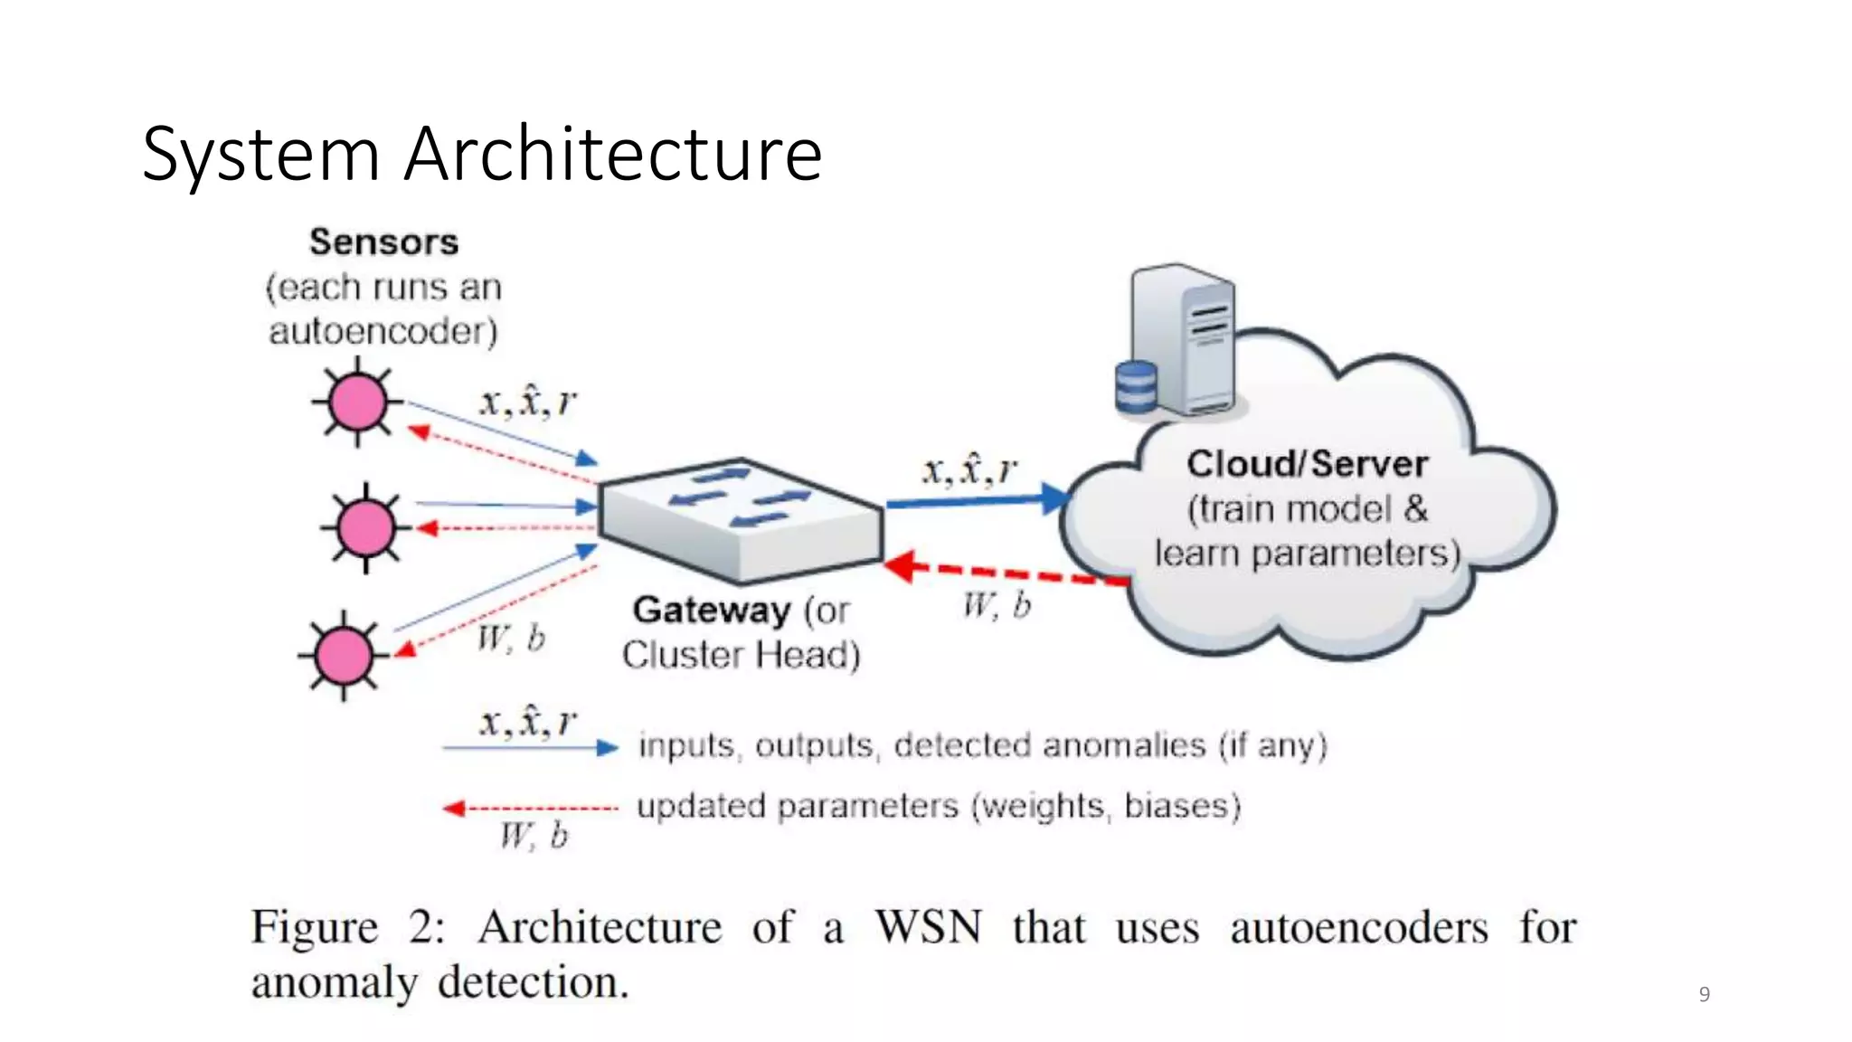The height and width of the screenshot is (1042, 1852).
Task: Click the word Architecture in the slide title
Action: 612,154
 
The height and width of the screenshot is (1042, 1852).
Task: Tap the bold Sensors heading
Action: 383,242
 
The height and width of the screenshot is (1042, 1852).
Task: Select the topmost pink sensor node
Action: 357,403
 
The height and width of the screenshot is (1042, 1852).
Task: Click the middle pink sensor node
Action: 365,527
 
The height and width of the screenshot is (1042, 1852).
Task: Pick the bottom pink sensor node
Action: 343,654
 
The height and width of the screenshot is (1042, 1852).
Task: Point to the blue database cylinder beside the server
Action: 1135,387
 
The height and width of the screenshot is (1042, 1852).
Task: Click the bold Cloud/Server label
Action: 1307,464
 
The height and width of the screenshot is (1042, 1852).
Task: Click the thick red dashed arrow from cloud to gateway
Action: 1004,573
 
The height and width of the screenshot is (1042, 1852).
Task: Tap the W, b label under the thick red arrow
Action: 996,605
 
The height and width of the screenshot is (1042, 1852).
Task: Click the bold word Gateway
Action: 711,611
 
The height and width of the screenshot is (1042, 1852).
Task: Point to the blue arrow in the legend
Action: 530,748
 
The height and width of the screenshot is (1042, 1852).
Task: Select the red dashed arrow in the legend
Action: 530,808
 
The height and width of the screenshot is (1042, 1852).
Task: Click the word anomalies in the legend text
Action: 1124,745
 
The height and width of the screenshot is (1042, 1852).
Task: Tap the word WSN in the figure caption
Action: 928,927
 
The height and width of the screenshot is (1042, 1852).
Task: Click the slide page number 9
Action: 1704,994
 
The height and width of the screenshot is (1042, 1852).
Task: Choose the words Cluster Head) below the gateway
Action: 741,655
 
